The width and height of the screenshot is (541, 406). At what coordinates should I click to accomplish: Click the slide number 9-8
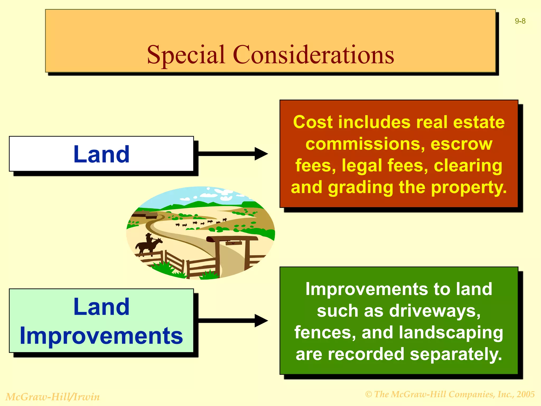tap(520, 21)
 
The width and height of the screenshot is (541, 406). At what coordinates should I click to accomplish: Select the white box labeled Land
tap(101, 154)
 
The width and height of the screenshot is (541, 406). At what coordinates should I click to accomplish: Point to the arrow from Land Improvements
tap(232, 321)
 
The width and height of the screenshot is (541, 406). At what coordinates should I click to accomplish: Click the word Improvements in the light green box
tap(101, 336)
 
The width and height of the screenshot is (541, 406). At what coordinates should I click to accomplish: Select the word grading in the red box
tap(361, 187)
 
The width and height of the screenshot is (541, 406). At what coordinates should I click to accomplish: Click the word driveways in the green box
tap(434, 311)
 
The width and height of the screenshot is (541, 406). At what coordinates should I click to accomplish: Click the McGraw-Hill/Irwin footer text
tap(53, 397)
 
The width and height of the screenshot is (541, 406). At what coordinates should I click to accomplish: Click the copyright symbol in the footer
tap(369, 394)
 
